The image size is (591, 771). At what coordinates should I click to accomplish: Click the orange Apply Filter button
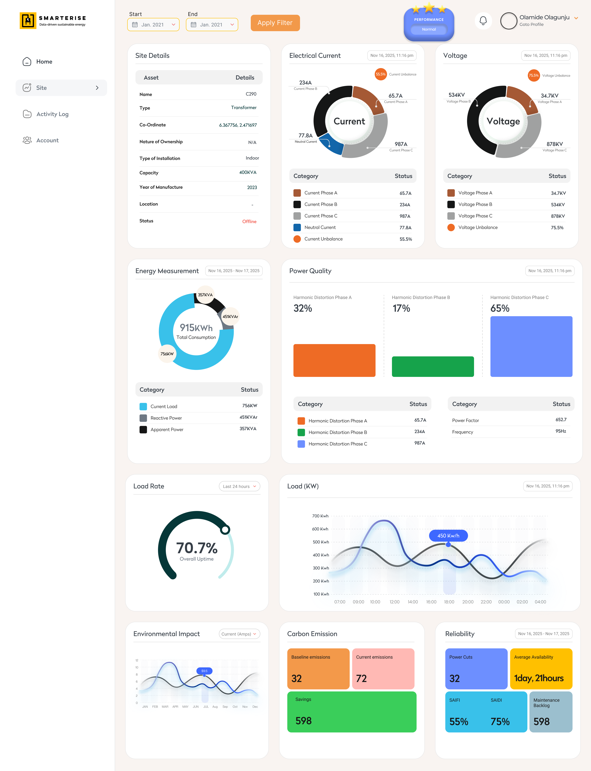point(275,23)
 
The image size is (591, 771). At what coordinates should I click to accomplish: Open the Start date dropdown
point(153,25)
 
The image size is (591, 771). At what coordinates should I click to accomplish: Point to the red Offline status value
point(249,221)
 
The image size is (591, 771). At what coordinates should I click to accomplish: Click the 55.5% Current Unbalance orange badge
point(381,74)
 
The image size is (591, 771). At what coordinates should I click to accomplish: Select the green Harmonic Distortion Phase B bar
point(433,367)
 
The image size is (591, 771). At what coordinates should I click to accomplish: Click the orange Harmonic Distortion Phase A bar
point(334,360)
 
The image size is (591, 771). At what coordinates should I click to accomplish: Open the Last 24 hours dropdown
point(239,486)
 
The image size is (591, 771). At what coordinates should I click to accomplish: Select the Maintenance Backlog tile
point(551,712)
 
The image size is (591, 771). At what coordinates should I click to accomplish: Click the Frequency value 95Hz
point(561,431)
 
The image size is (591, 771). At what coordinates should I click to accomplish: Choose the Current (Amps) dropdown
point(239,634)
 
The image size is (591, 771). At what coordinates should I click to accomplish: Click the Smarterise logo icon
point(28,21)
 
